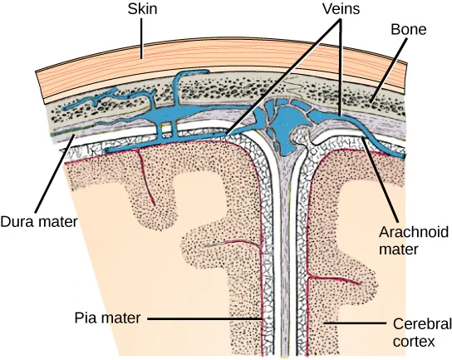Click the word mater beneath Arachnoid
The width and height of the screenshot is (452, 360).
click(400, 247)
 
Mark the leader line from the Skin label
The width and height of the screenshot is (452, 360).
click(143, 37)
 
